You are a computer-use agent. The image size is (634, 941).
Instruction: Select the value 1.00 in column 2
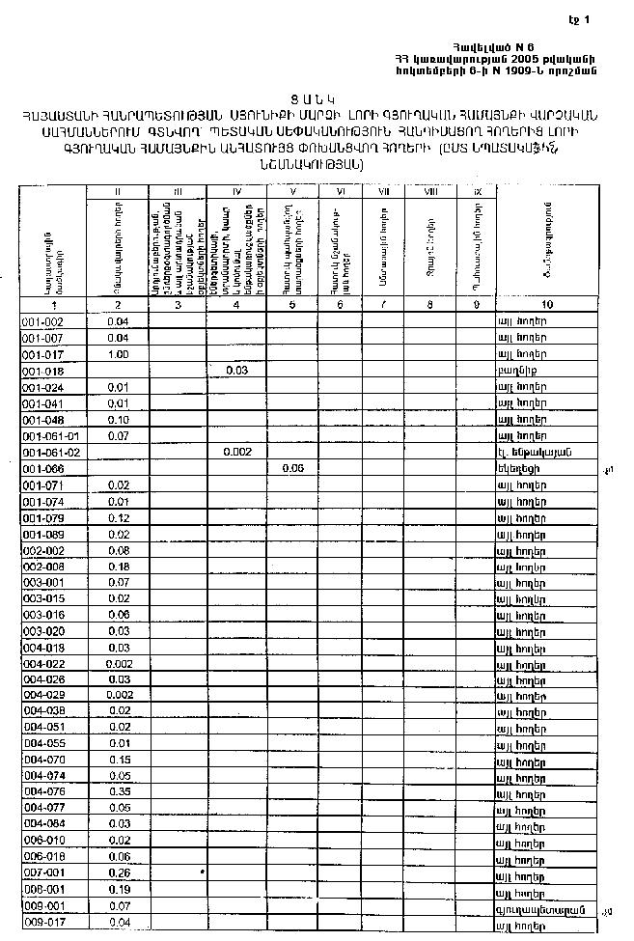click(120, 353)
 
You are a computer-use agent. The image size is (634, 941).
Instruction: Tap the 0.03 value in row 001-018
click(236, 370)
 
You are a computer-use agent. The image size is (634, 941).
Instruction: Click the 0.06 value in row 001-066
click(293, 468)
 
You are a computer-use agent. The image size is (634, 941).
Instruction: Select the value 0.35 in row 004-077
click(120, 808)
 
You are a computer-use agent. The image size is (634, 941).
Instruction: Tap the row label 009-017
click(43, 923)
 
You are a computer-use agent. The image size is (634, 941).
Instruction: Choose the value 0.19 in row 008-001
click(120, 890)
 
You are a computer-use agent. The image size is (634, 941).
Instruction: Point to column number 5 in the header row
click(293, 305)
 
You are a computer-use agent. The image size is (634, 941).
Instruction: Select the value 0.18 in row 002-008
click(120, 566)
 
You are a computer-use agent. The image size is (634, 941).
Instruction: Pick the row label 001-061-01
click(48, 435)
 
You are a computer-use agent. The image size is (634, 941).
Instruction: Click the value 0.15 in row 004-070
click(120, 760)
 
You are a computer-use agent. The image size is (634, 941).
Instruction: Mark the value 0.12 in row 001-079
click(120, 517)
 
